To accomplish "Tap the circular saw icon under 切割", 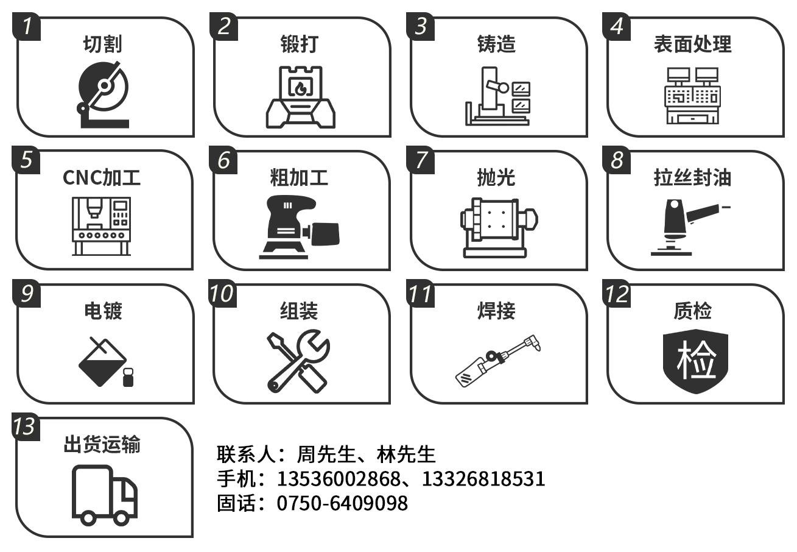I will pyautogui.click(x=104, y=94).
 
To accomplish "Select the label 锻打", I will pyautogui.click(x=299, y=44).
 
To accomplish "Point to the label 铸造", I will pyautogui.click(x=496, y=44).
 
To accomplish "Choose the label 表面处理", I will pyautogui.click(x=693, y=44).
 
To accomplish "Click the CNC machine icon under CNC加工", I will pyautogui.click(x=102, y=226).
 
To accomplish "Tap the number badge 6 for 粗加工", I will pyautogui.click(x=223, y=160).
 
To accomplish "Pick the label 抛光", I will pyautogui.click(x=496, y=177).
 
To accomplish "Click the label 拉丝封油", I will pyautogui.click(x=693, y=177).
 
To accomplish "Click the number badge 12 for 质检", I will pyautogui.click(x=616, y=294).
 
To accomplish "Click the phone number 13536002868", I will pyautogui.click(x=339, y=479).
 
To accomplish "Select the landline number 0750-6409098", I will pyautogui.click(x=342, y=503).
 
